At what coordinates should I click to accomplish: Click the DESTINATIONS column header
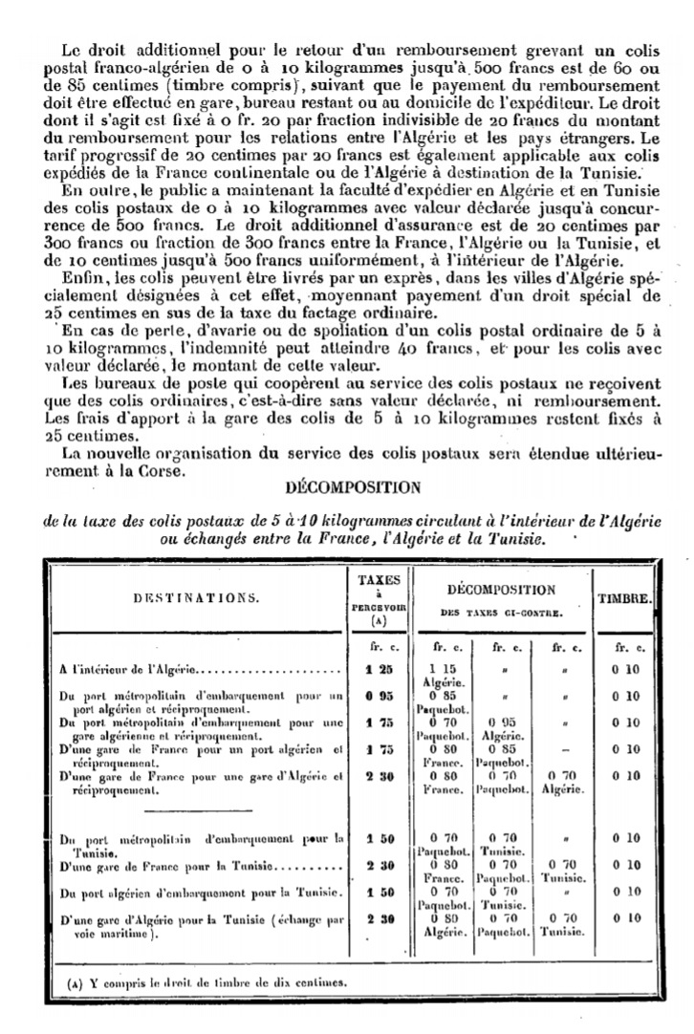coord(194,599)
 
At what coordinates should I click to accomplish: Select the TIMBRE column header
coord(625,599)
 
